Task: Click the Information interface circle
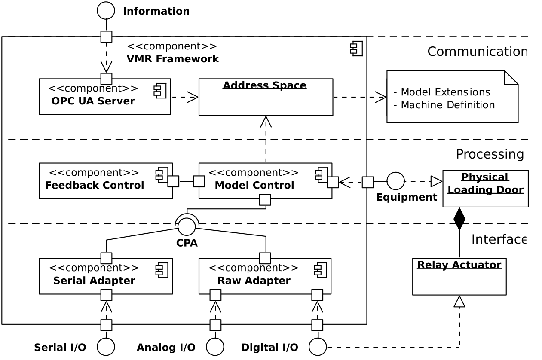point(106,11)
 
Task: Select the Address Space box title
point(264,85)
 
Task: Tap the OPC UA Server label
point(93,101)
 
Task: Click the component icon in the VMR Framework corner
point(356,49)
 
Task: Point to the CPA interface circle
point(187,226)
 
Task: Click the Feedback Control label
point(95,186)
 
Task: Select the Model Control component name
point(254,186)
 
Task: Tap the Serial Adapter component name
point(94,281)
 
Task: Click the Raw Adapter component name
point(254,281)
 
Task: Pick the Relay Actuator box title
point(459,265)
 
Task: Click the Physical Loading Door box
point(485,189)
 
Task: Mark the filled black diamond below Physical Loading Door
point(459,219)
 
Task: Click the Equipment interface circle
point(395,181)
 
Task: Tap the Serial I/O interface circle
point(106,347)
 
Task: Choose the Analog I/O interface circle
point(215,347)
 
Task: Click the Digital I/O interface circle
point(318,347)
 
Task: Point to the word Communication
point(476,52)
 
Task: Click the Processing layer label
point(490,154)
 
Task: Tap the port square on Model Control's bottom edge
point(265,200)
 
